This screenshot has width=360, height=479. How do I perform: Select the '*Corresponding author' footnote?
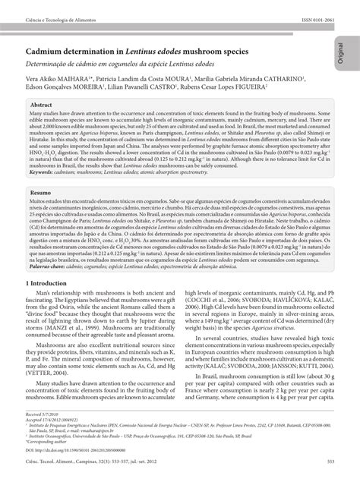(x=49, y=446)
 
